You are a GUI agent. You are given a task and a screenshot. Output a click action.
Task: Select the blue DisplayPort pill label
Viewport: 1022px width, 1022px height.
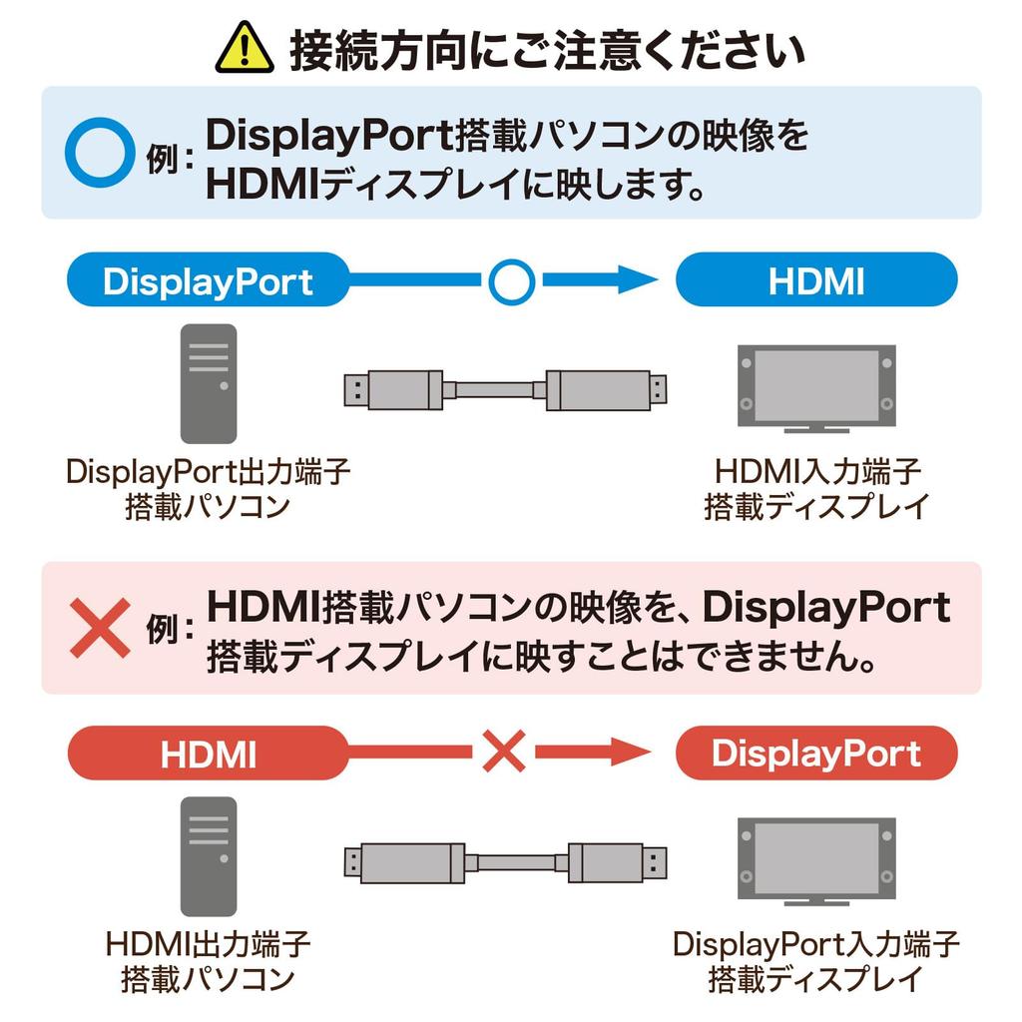point(208,281)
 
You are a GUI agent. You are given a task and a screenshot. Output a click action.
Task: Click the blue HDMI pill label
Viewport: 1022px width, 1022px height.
point(816,281)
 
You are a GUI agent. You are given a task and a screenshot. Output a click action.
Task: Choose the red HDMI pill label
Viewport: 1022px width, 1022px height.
point(208,754)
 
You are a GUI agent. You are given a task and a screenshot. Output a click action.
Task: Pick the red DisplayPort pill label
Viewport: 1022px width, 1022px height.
point(816,754)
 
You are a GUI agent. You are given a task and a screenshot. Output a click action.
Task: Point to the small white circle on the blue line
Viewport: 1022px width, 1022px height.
point(512,282)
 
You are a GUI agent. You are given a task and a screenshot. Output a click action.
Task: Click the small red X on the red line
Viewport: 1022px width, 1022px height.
point(504,752)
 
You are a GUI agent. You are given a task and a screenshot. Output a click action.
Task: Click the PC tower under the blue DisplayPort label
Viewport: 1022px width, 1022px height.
point(209,383)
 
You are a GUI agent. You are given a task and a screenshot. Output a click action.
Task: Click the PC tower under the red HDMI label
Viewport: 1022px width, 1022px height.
point(209,856)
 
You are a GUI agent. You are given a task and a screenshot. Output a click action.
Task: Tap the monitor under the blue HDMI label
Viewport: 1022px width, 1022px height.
point(815,389)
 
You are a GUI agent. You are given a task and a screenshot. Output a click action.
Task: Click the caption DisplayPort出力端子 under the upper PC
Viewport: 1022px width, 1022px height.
point(209,472)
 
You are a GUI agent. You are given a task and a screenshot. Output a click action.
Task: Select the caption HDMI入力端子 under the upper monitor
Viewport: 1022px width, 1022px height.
point(817,472)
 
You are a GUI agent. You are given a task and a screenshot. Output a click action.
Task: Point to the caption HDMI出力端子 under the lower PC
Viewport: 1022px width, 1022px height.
point(209,943)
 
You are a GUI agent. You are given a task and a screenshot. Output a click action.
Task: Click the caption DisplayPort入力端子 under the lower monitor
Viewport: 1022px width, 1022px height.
point(815,943)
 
